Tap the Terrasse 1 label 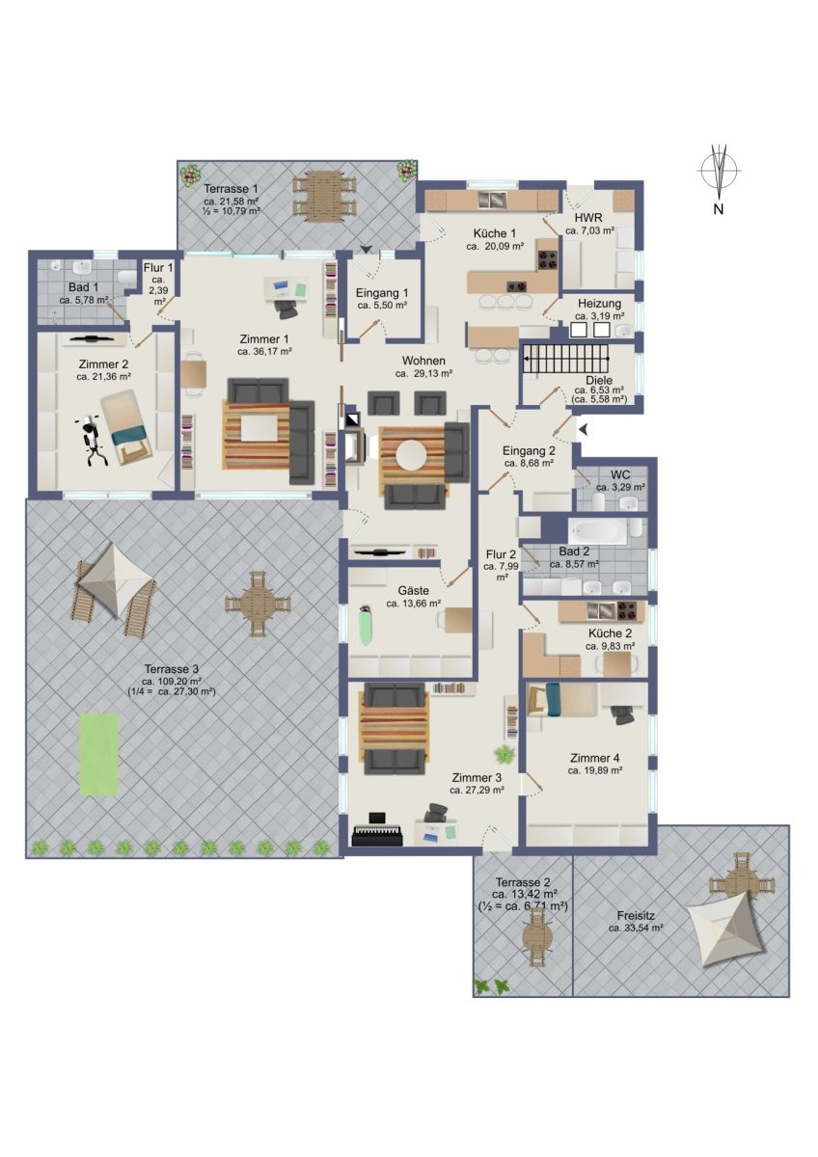click(231, 189)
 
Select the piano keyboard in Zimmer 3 click(377, 836)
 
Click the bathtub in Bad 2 click(598, 530)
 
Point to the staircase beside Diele click(566, 359)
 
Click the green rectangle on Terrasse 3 click(99, 755)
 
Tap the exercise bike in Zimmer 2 click(92, 443)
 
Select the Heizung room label click(599, 303)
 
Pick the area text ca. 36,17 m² click(265, 352)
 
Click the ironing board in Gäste click(366, 625)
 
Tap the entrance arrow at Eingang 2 click(584, 429)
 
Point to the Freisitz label click(636, 916)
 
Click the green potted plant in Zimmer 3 click(504, 755)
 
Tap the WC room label click(620, 474)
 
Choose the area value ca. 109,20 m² click(173, 681)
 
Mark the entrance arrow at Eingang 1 click(366, 250)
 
